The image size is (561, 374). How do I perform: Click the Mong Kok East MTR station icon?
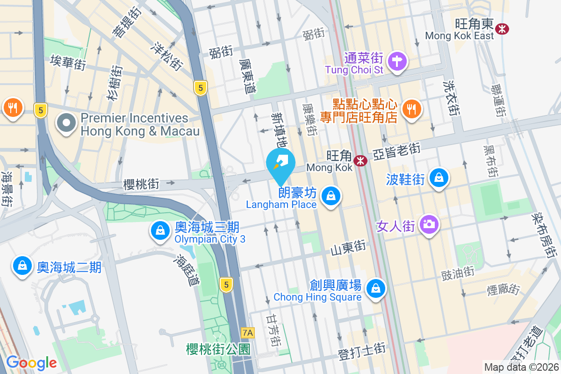click(503, 29)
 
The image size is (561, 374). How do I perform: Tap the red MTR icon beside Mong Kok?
click(360, 161)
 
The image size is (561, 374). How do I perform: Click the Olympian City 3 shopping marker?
click(160, 230)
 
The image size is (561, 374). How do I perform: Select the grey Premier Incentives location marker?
click(66, 123)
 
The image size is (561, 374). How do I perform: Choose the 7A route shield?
click(248, 333)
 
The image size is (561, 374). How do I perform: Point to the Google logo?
click(31, 362)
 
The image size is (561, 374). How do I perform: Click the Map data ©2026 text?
click(521, 367)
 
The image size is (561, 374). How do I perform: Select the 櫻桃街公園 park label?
click(218, 349)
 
